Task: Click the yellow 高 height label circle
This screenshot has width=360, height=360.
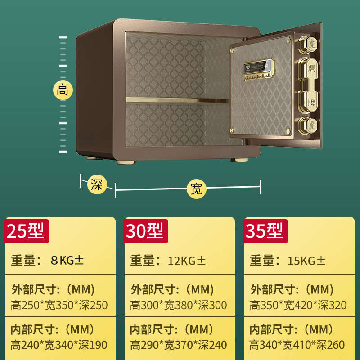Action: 63,90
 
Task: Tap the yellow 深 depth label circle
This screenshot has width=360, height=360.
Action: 96,184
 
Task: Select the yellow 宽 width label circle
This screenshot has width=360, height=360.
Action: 196,189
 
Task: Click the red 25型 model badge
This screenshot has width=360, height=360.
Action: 26,231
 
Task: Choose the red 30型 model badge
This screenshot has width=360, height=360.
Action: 145,231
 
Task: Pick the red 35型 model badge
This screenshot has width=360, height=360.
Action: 265,231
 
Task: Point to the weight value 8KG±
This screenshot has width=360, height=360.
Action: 67,260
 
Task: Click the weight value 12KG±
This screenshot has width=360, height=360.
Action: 187,260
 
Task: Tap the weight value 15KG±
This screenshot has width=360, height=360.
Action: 306,260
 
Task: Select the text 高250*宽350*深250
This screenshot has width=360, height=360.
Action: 59,305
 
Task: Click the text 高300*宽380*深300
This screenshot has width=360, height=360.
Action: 179,305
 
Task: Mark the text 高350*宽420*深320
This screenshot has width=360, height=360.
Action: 298,305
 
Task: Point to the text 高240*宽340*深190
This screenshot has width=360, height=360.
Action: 59,345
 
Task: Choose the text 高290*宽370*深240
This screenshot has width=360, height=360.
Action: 179,345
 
